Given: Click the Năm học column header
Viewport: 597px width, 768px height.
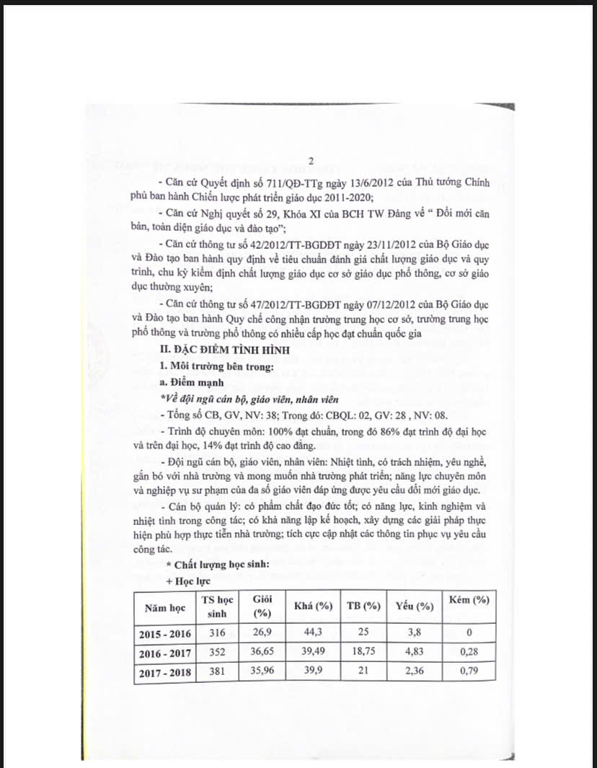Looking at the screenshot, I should click(x=165, y=607).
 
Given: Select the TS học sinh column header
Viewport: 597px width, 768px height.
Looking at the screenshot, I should click(x=217, y=607).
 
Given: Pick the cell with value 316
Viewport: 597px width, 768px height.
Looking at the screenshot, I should click(x=217, y=633).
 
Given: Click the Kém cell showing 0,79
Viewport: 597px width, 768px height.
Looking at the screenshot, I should click(x=469, y=671).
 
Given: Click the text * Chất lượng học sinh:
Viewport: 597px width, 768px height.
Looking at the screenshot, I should click(x=208, y=565).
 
